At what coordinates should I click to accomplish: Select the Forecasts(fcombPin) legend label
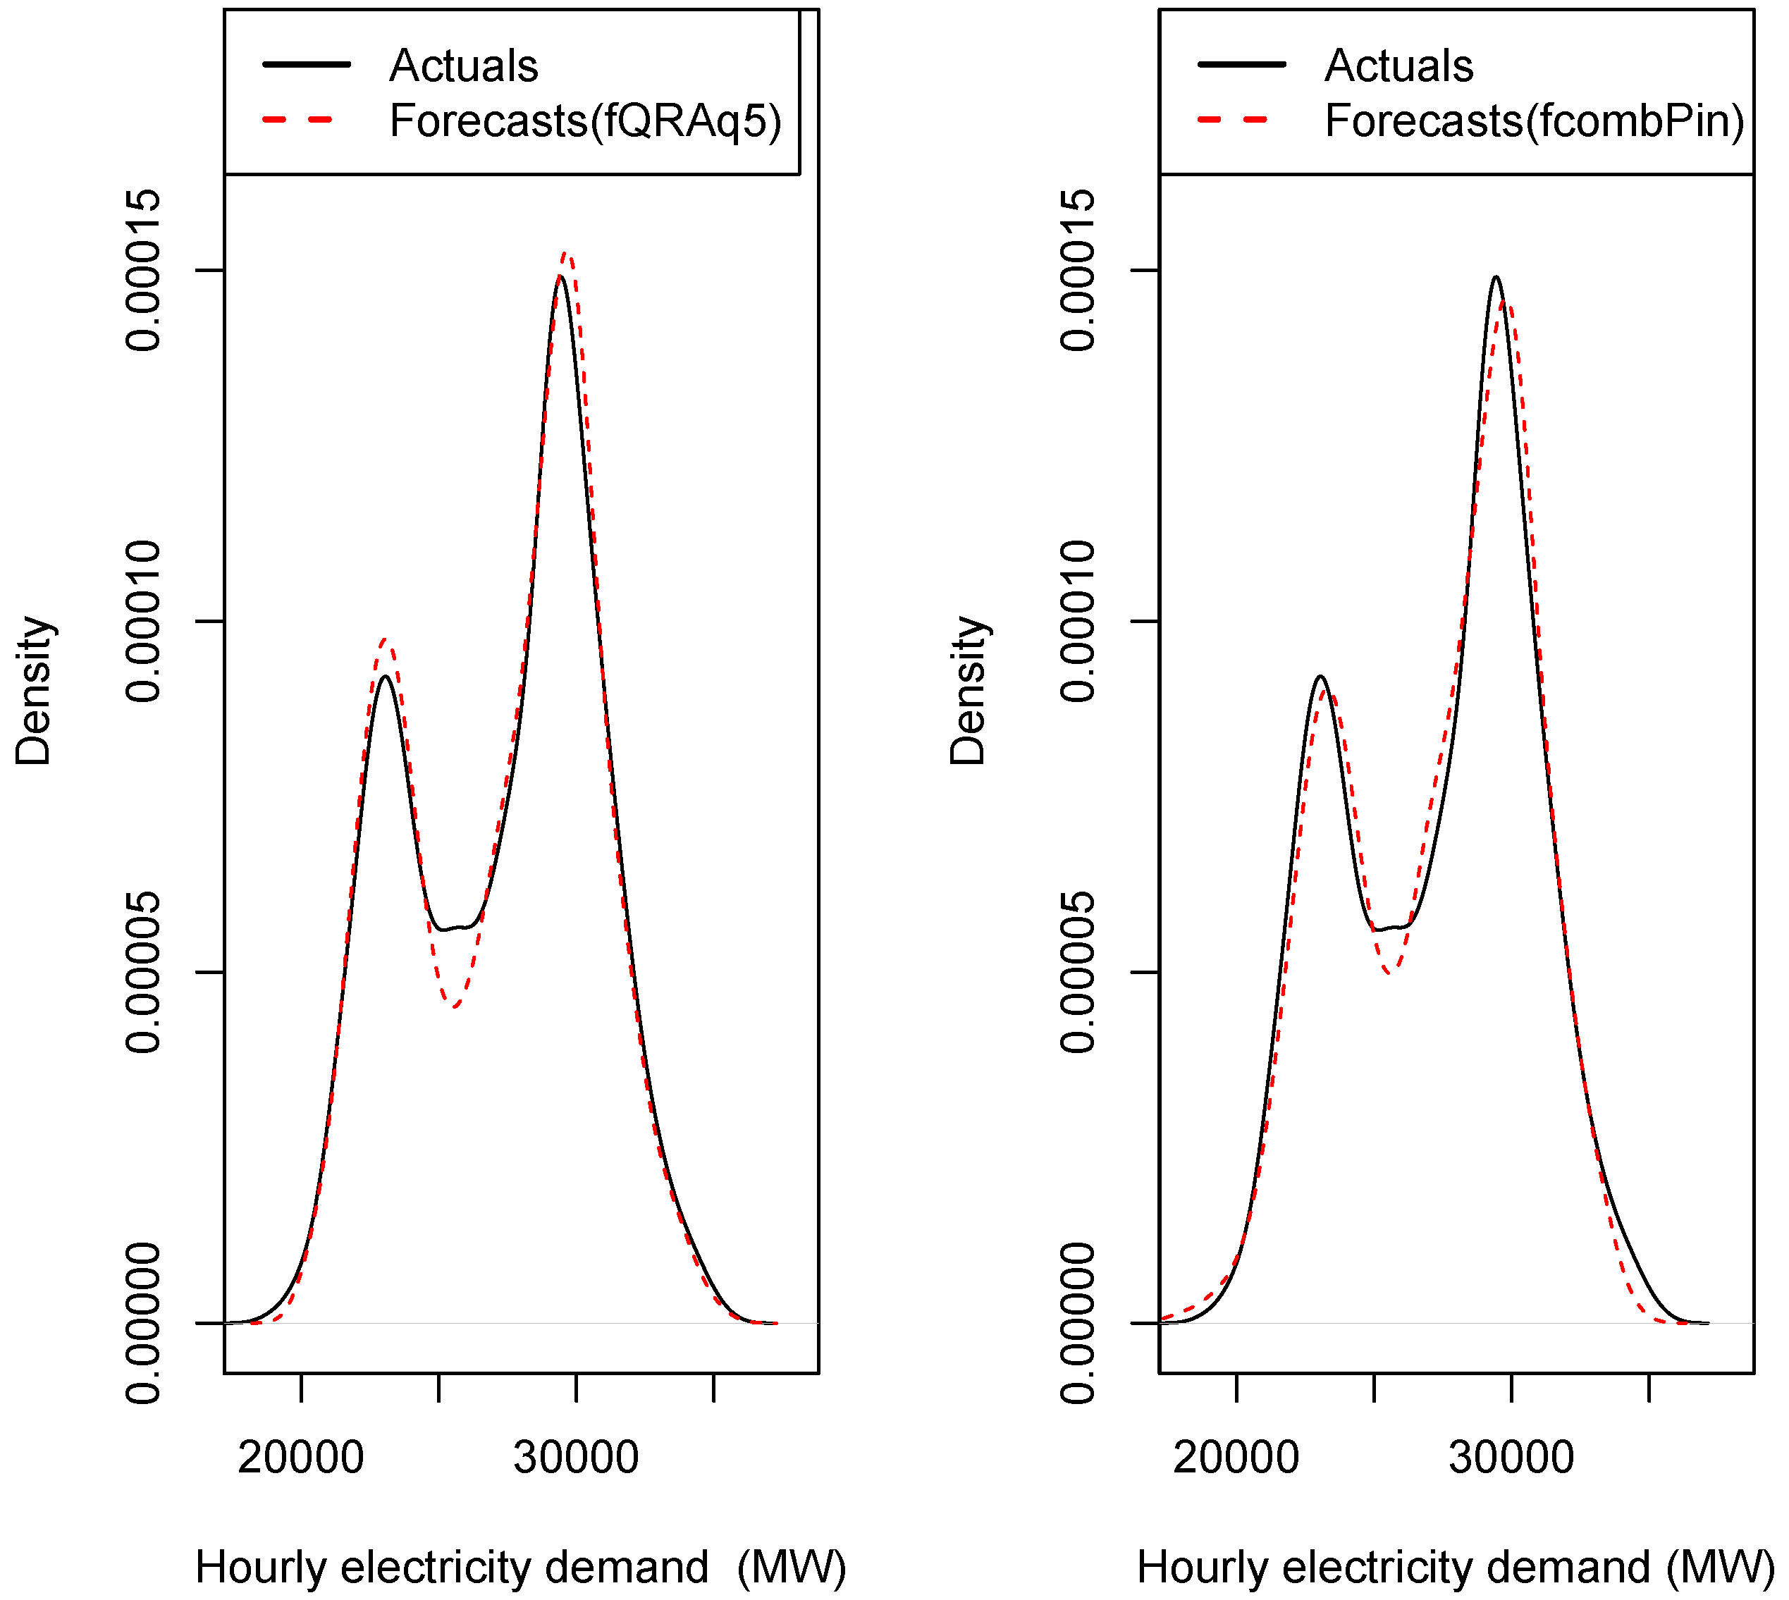click(1534, 121)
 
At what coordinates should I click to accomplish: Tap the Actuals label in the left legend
click(463, 66)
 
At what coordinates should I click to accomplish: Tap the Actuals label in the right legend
click(1398, 66)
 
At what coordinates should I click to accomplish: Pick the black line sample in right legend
click(1241, 65)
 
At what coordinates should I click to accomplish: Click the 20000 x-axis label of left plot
click(301, 1458)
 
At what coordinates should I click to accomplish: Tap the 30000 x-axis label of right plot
click(1511, 1458)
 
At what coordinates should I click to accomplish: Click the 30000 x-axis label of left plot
click(576, 1458)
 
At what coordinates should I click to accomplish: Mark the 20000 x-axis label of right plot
click(1236, 1458)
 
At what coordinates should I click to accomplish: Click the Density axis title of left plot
click(35, 691)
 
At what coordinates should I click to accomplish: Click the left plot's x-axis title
click(520, 1568)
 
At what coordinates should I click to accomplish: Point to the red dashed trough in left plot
click(454, 1006)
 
